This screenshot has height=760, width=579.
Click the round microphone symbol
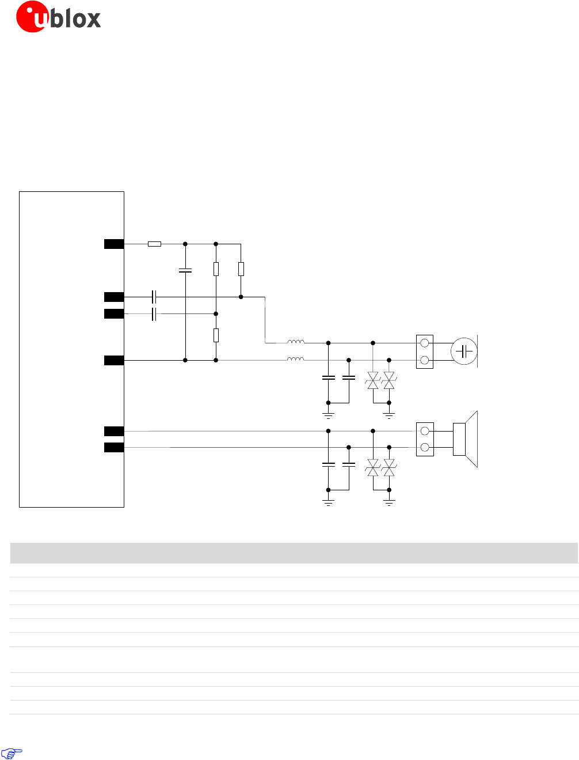tap(464, 351)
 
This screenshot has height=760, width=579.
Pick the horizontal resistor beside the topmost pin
tap(154, 244)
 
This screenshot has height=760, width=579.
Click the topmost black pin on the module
tap(114, 244)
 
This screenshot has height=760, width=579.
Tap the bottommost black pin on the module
tap(114, 448)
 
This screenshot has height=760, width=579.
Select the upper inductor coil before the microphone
tap(296, 342)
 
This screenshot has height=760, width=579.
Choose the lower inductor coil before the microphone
tap(296, 360)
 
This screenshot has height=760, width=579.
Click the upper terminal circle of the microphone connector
tap(425, 343)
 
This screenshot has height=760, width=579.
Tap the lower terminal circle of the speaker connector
tap(425, 448)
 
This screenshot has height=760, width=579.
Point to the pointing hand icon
tap(12, 752)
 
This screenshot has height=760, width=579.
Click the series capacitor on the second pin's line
tap(154, 297)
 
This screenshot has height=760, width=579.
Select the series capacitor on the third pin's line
tap(154, 314)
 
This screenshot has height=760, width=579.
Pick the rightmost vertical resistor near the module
tap(241, 269)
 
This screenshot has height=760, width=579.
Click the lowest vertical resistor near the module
tap(216, 335)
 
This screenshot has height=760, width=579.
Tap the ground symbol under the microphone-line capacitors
tap(329, 415)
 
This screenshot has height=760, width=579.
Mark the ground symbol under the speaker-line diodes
tap(389, 502)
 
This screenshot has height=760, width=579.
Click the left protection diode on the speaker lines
tap(373, 467)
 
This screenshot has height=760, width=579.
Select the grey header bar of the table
tap(294, 553)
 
